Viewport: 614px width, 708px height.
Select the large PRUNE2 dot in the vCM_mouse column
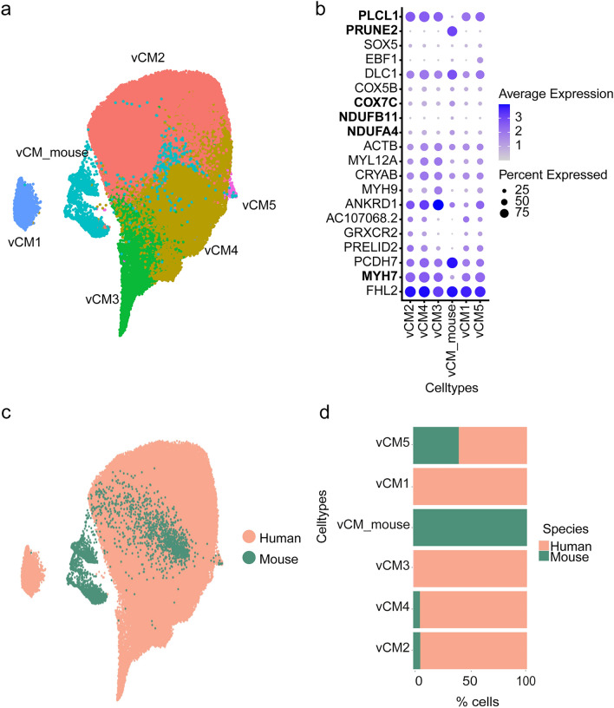coord(452,30)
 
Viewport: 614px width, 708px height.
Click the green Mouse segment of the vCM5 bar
coord(435,445)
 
